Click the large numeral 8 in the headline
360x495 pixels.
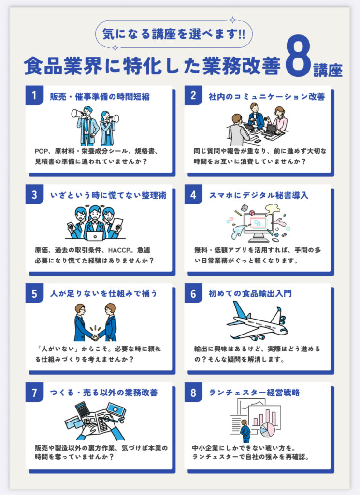pos(298,57)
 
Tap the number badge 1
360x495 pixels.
pos(34,95)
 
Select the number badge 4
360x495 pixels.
pos(193,194)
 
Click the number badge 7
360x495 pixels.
pos(34,393)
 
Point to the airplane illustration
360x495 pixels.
pos(257,321)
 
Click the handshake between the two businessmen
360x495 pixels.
pos(95,337)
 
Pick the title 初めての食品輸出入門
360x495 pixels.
pos(250,293)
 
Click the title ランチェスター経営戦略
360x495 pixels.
pos(254,393)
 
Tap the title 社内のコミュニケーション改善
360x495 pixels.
pos(267,97)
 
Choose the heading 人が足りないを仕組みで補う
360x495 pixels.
pos(104,293)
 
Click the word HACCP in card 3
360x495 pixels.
pos(119,250)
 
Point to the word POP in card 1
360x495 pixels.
pos(41,151)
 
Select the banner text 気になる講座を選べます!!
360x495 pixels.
pos(173,33)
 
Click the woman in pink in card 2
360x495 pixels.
pos(279,119)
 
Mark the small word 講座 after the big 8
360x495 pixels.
pos(328,70)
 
